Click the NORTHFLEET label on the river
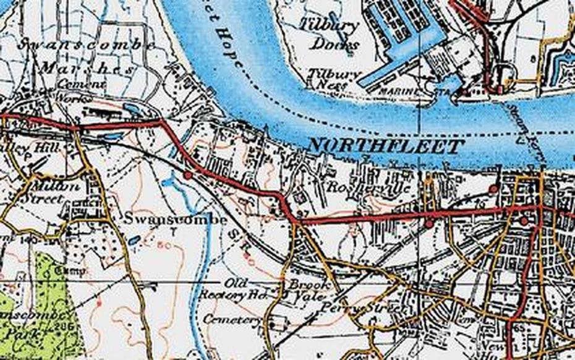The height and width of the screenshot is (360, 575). (386, 146)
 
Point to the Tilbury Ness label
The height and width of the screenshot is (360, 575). (334, 78)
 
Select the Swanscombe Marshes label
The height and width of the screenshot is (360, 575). (87, 56)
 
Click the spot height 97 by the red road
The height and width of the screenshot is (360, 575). (302, 214)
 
